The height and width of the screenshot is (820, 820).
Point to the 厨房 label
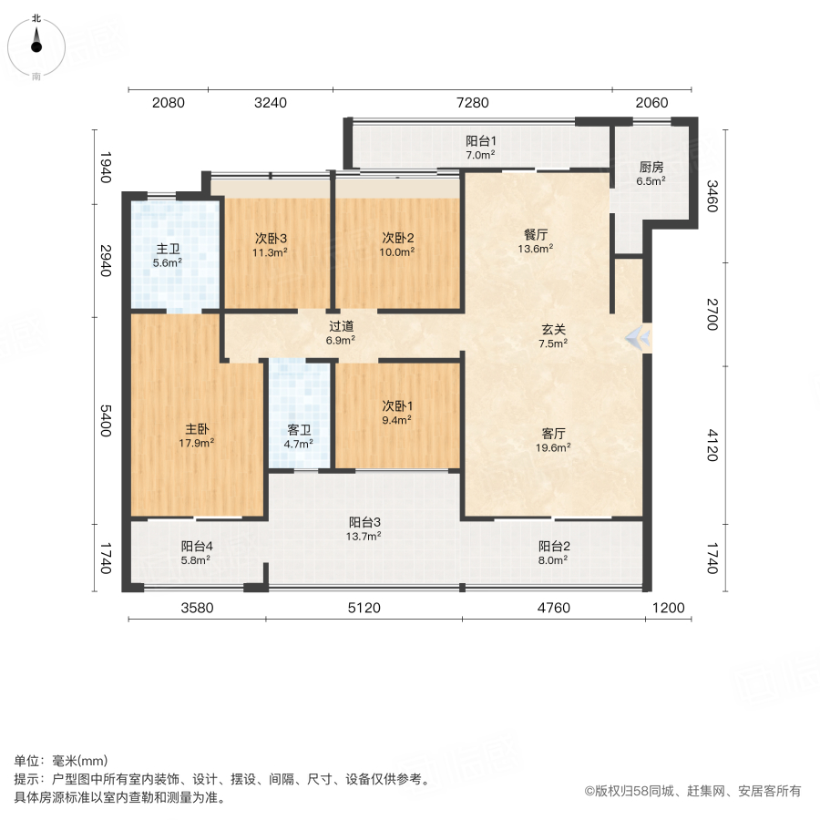coord(651,167)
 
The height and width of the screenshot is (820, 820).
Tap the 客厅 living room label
coord(553,433)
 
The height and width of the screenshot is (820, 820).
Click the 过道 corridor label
coord(341,325)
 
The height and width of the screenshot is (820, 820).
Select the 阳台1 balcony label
coord(480,141)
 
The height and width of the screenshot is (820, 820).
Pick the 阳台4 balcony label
coord(197,547)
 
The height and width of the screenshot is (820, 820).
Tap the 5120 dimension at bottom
coord(364,608)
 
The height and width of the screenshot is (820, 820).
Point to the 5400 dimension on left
coord(106,421)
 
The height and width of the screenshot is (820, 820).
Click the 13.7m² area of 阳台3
coord(364,537)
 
